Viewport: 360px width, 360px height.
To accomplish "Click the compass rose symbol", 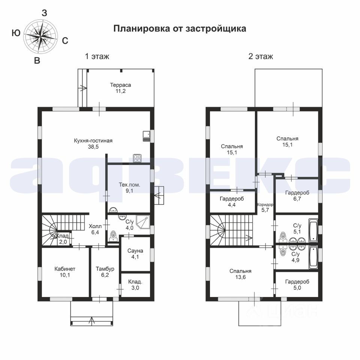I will (x=41, y=36).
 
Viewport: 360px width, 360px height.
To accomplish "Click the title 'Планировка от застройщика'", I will (x=180, y=29).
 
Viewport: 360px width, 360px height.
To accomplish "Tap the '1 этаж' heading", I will (x=97, y=57).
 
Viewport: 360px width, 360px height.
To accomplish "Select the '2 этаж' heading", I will (x=260, y=57).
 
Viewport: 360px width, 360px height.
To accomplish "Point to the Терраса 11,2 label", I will (x=120, y=87).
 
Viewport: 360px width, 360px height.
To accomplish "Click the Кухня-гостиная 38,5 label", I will (x=93, y=144).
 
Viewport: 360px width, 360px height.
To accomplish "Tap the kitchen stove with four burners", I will (x=137, y=159).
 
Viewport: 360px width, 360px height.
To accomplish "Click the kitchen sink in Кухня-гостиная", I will (x=146, y=136).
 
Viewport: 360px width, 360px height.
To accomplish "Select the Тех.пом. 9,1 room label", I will (x=128, y=187).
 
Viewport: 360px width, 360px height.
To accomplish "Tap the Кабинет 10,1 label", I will (x=65, y=272).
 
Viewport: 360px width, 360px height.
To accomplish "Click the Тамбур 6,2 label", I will (x=105, y=272).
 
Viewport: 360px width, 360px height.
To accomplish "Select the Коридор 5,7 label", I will (x=265, y=207).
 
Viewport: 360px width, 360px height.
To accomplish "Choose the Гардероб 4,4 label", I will (x=232, y=201).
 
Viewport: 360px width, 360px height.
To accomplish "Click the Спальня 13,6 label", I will (x=240, y=274).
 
